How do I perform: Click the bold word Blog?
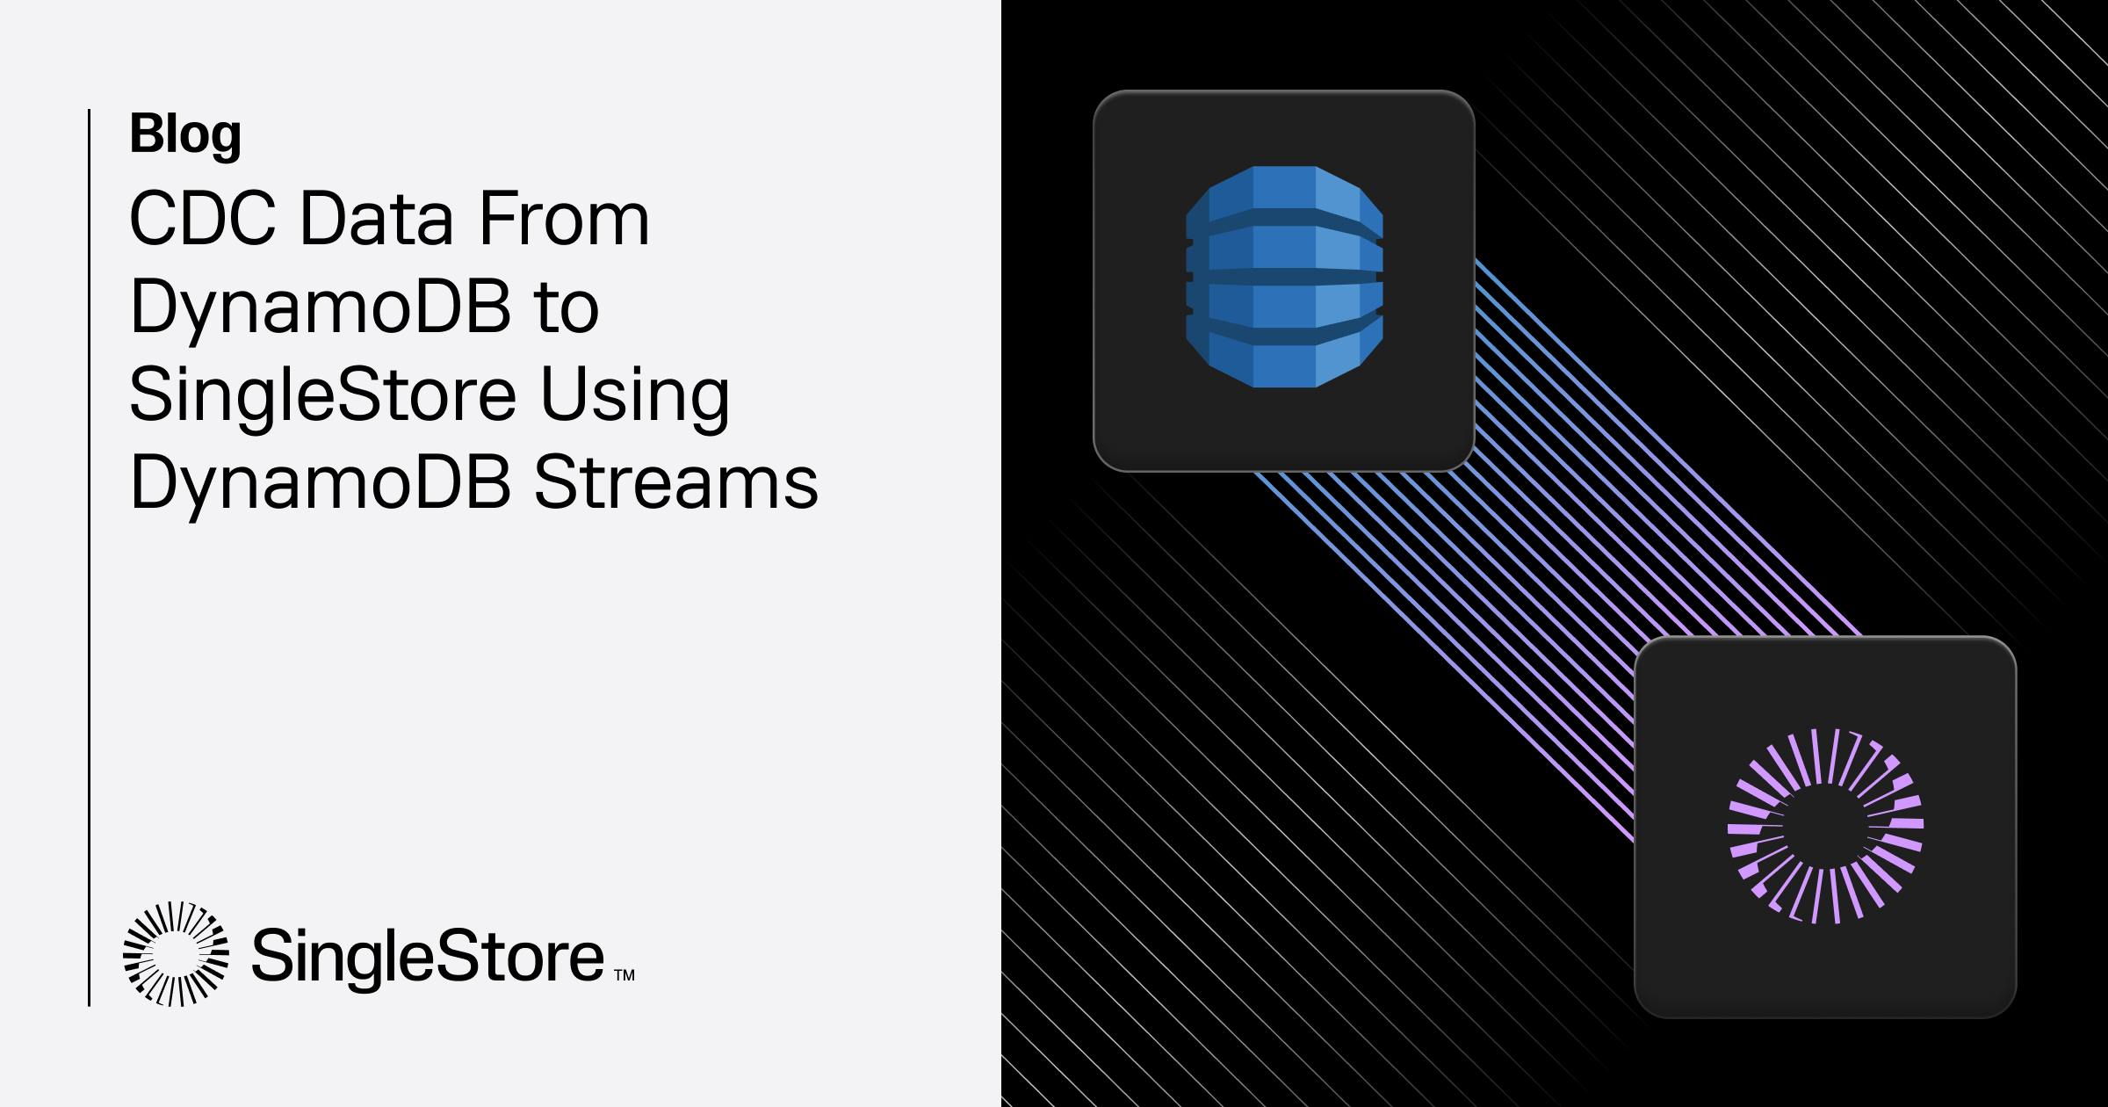coord(185,135)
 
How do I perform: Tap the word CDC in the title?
coord(203,218)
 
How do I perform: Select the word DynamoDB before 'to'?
coord(321,310)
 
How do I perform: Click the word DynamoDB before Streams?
coord(321,486)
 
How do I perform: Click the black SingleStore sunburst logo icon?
coord(176,953)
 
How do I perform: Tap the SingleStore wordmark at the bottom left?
coord(428,958)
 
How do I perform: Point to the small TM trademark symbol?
coord(624,975)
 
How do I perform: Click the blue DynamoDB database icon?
coord(1284,277)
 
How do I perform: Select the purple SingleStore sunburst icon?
coord(1825,826)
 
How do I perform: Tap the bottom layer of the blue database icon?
coord(1284,356)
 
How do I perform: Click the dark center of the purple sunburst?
coord(1825,826)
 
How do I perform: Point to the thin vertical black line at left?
coord(89,558)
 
